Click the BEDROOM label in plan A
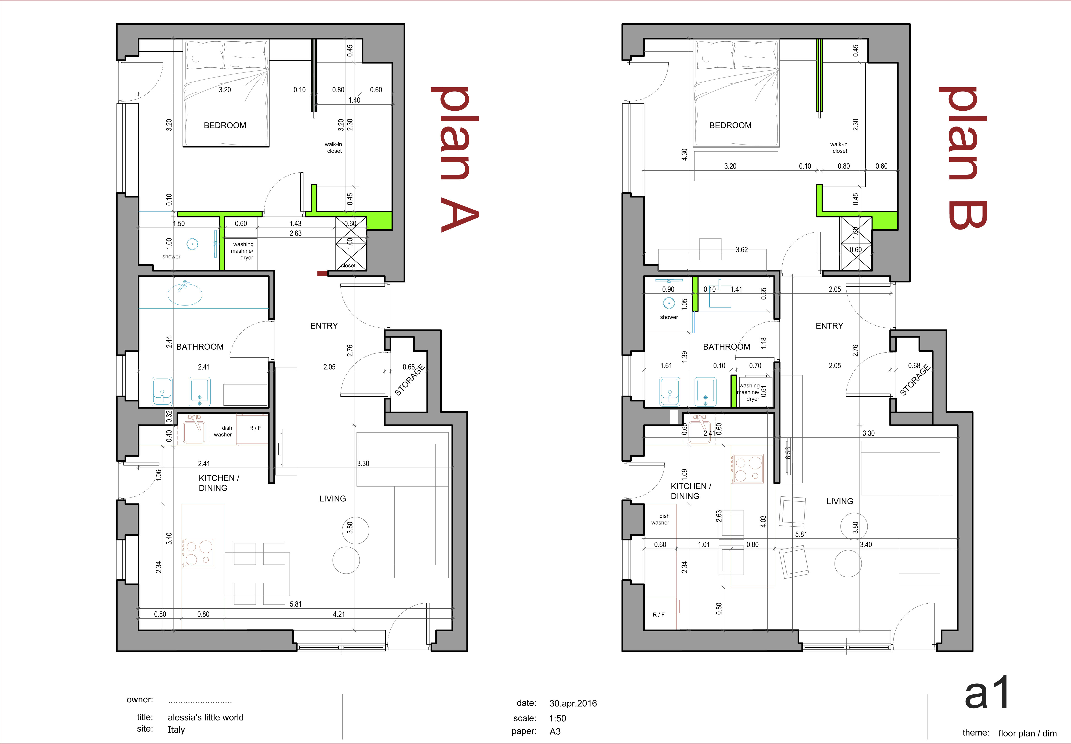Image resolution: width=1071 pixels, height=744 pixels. coord(225,125)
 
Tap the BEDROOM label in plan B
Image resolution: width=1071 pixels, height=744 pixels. coord(730,125)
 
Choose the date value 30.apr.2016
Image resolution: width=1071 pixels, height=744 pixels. coord(573,704)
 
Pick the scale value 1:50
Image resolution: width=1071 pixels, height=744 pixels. coord(558,718)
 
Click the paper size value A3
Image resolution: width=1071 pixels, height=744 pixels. coord(555,731)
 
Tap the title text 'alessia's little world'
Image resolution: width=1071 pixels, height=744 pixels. coord(206,717)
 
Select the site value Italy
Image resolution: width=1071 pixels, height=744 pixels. coord(176,730)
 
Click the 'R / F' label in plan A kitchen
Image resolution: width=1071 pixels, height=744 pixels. coord(255,428)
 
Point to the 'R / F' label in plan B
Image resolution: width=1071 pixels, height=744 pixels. coord(658,615)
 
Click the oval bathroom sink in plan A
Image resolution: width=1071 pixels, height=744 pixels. coord(185,294)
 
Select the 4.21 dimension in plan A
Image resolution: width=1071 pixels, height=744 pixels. coord(339,614)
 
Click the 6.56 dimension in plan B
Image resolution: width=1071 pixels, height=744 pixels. coord(788,453)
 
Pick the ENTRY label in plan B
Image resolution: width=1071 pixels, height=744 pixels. coord(829,326)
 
